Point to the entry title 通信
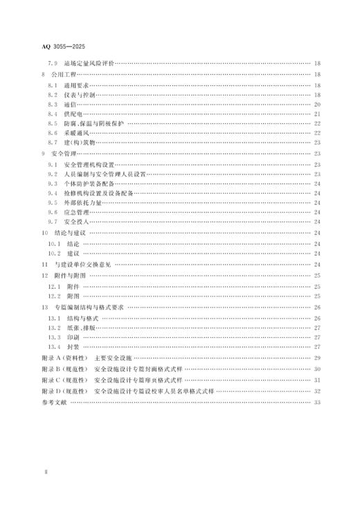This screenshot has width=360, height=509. [69, 104]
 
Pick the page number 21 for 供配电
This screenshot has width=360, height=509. [316, 114]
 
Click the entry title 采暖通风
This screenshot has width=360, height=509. [75, 133]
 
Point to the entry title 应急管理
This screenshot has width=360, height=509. [75, 213]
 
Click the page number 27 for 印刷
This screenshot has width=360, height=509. [316, 337]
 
